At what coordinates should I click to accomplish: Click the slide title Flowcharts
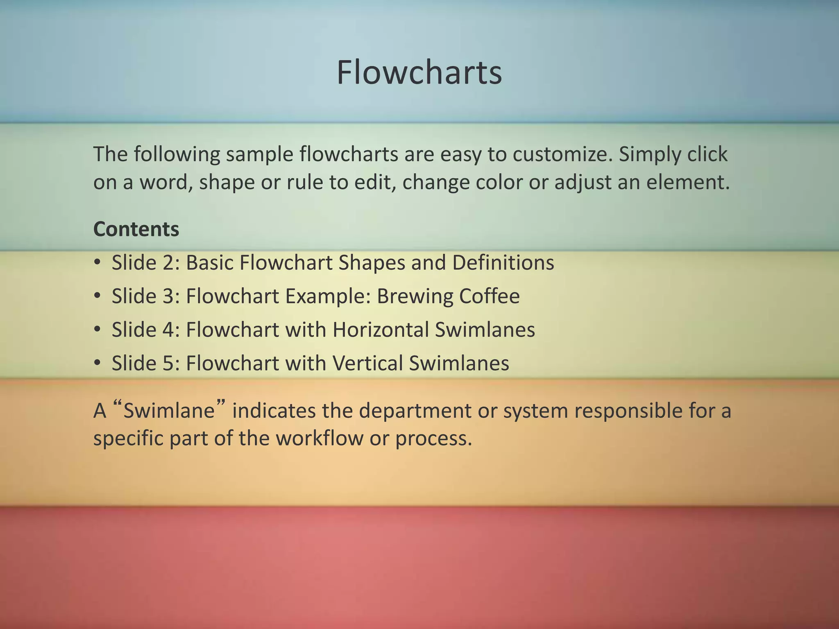point(419,72)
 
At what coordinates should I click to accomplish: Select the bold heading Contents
point(136,229)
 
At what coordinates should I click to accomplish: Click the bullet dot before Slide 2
point(97,262)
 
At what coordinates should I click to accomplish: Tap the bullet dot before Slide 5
point(97,363)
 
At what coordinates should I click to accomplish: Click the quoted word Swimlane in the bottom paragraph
point(169,411)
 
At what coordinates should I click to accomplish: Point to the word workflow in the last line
point(319,438)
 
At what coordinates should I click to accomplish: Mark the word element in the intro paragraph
point(687,182)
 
